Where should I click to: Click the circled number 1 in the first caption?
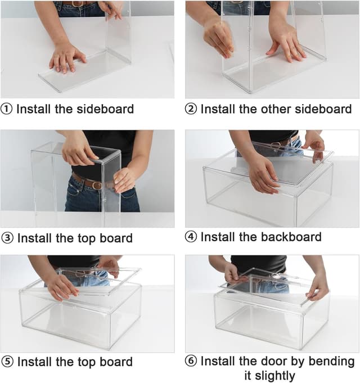pos(7,109)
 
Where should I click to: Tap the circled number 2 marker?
pos(192,109)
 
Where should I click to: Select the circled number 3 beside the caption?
pos(7,238)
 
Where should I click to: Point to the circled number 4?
pos(192,237)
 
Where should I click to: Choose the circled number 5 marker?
pos(7,362)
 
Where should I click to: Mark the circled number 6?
pos(192,361)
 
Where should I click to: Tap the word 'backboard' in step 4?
pos(291,237)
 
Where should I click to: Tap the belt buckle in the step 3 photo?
pos(97,185)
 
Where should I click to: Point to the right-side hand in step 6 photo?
pos(318,286)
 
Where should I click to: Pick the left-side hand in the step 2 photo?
pos(218,37)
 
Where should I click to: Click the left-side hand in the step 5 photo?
pos(61,286)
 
